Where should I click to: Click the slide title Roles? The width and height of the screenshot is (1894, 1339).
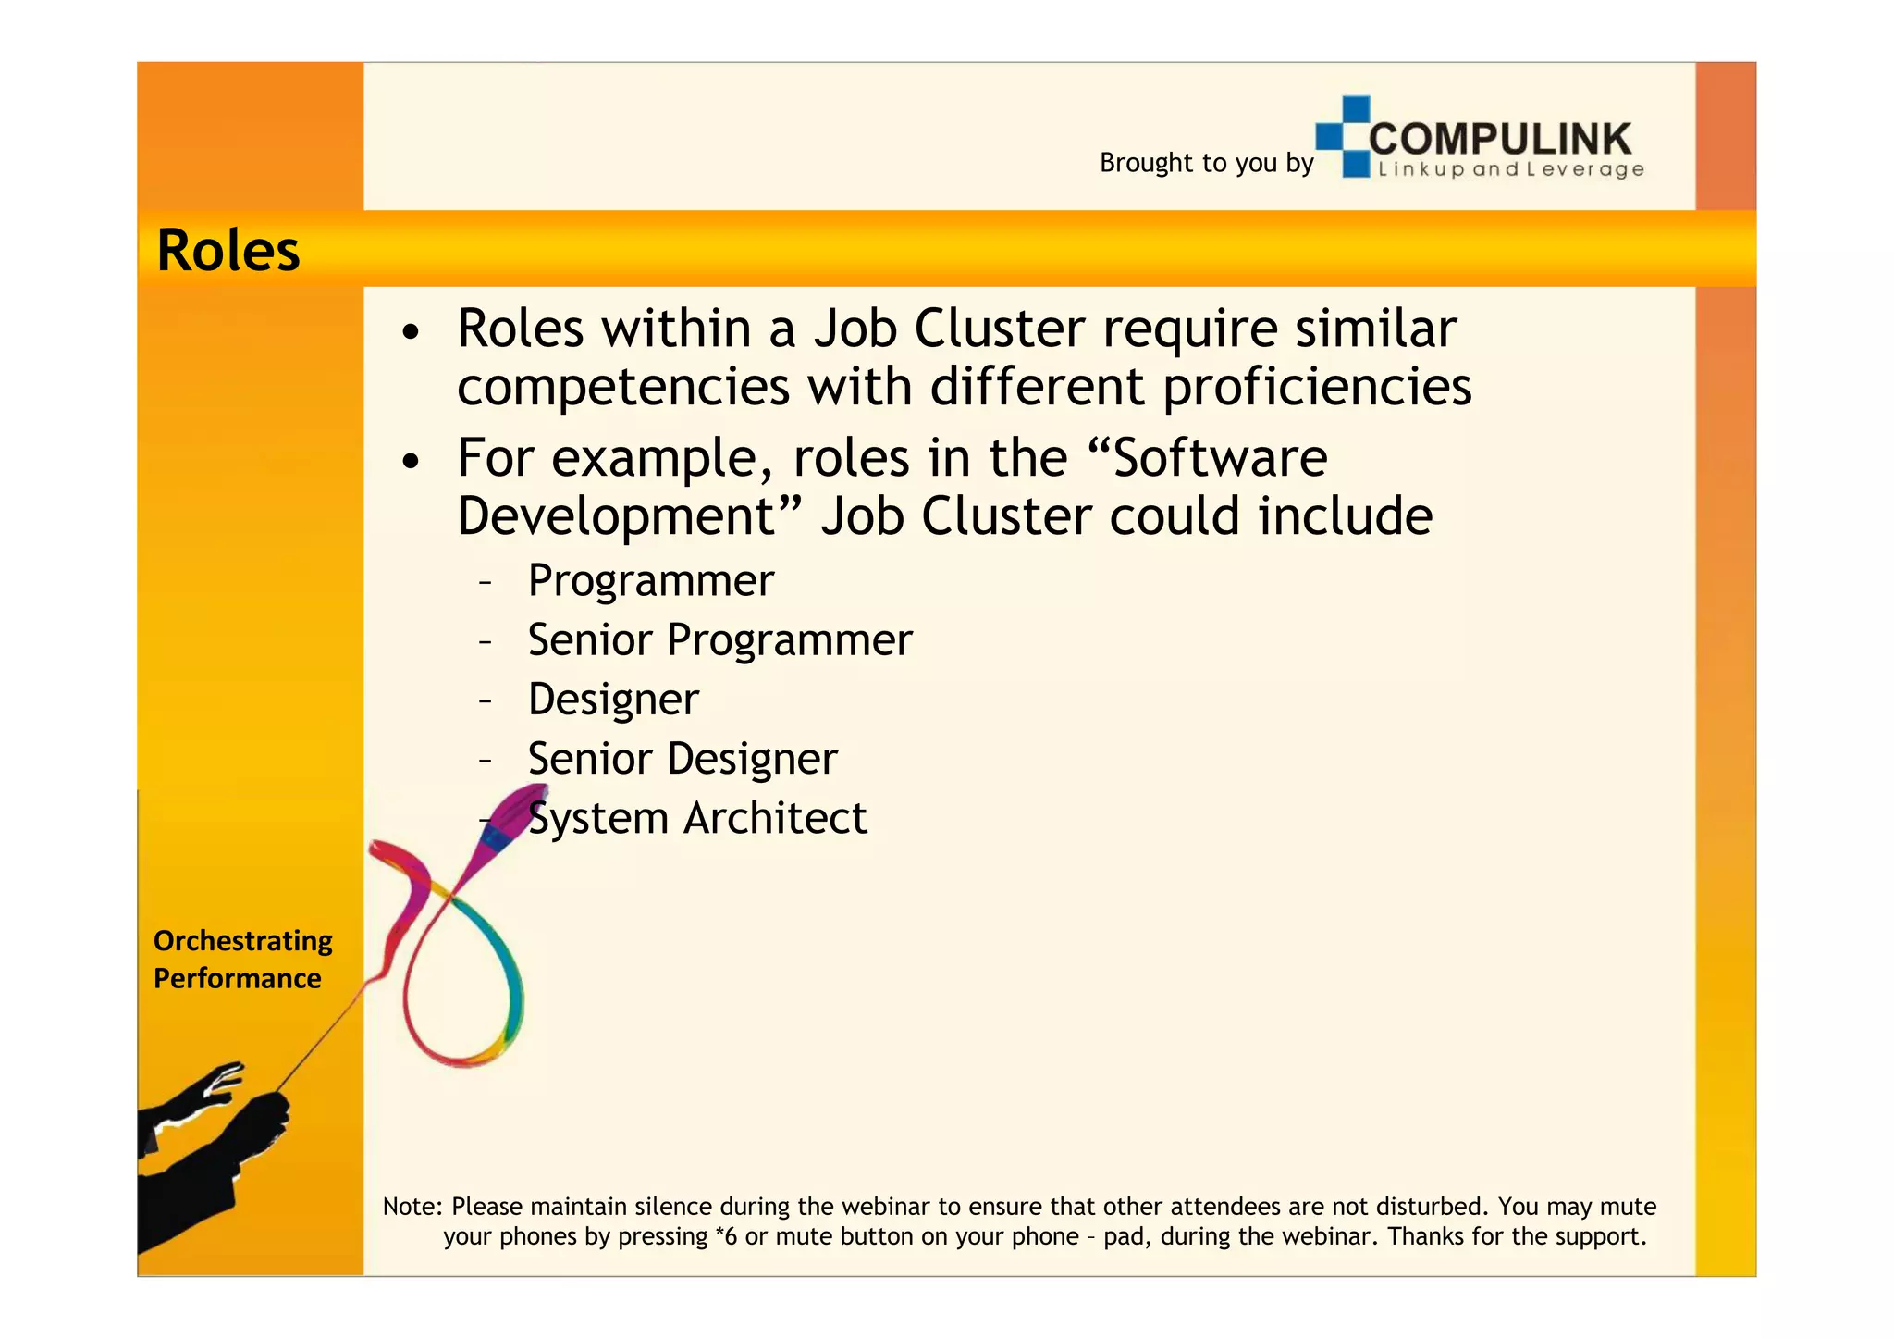tap(228, 251)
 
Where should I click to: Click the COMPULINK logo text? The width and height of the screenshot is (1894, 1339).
tap(1500, 139)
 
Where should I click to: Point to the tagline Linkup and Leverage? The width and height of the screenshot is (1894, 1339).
tap(1510, 169)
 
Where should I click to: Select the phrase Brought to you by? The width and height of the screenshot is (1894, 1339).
tap(1206, 163)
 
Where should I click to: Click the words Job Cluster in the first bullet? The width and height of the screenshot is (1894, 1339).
tap(949, 329)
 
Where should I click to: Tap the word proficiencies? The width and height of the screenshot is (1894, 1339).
tap(1317, 386)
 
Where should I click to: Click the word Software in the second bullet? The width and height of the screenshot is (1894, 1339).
tap(1220, 458)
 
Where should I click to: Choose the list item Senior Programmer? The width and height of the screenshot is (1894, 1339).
tap(719, 640)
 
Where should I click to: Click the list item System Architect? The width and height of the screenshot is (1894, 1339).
tap(697, 818)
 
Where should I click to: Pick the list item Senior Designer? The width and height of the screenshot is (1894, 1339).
tap(683, 759)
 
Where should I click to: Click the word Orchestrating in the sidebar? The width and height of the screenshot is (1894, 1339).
tap(242, 941)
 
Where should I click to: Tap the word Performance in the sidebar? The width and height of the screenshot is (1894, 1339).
tap(237, 979)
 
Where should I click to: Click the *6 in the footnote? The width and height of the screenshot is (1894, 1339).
tap(726, 1237)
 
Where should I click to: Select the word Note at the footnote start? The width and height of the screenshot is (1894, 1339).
tap(411, 1207)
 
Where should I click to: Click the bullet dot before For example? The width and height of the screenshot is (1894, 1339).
tap(412, 460)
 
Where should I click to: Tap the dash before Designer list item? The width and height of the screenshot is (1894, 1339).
tap(486, 700)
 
